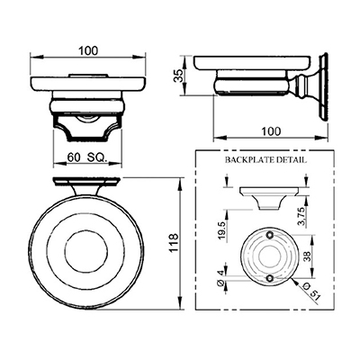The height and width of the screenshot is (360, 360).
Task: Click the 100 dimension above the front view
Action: click(88, 51)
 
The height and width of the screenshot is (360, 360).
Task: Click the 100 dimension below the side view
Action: click(271, 131)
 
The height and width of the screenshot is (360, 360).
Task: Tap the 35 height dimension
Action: click(179, 76)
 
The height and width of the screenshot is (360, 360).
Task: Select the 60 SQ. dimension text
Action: click(87, 157)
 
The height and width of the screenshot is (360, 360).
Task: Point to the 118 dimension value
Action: click(174, 243)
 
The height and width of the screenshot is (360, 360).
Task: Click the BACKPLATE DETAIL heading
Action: click(265, 160)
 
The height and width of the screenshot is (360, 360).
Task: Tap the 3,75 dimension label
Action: click(302, 216)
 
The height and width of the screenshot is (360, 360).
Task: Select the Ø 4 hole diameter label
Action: click(220, 278)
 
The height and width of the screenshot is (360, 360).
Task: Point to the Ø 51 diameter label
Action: click(312, 291)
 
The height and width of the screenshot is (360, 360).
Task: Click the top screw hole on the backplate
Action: click(269, 235)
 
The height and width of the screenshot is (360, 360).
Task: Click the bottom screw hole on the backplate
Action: click(270, 278)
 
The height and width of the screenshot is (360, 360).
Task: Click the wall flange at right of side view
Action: click(323, 88)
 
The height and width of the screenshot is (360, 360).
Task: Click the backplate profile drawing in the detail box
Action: click(269, 198)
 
